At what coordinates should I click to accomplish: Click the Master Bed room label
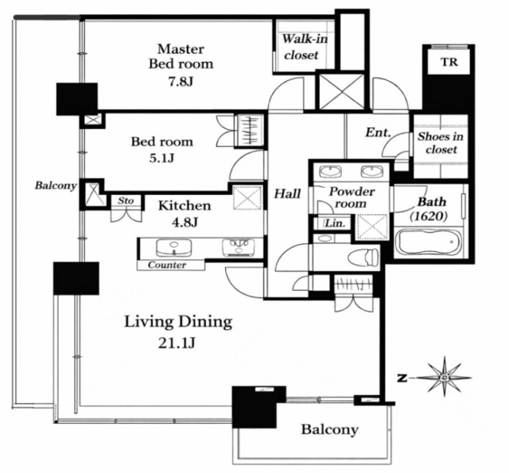(x=181, y=56)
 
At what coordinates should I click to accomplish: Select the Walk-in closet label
(x=305, y=47)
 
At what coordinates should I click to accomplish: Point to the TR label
(x=449, y=62)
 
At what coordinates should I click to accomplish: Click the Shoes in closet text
(x=441, y=143)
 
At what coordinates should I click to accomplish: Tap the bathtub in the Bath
(x=429, y=242)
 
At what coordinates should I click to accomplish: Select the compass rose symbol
(x=444, y=378)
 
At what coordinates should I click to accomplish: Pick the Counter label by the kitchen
(x=167, y=265)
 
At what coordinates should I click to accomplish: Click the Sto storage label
(x=126, y=201)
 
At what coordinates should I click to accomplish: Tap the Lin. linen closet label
(x=335, y=223)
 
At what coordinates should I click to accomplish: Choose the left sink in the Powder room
(x=330, y=172)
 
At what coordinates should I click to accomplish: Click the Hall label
(x=287, y=194)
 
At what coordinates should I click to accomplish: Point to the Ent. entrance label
(x=378, y=133)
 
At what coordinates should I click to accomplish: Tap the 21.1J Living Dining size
(x=177, y=343)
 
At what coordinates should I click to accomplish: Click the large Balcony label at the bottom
(x=330, y=429)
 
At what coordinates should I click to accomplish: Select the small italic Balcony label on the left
(x=56, y=185)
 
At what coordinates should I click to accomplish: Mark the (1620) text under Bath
(x=429, y=215)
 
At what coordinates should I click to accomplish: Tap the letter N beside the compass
(x=402, y=378)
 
